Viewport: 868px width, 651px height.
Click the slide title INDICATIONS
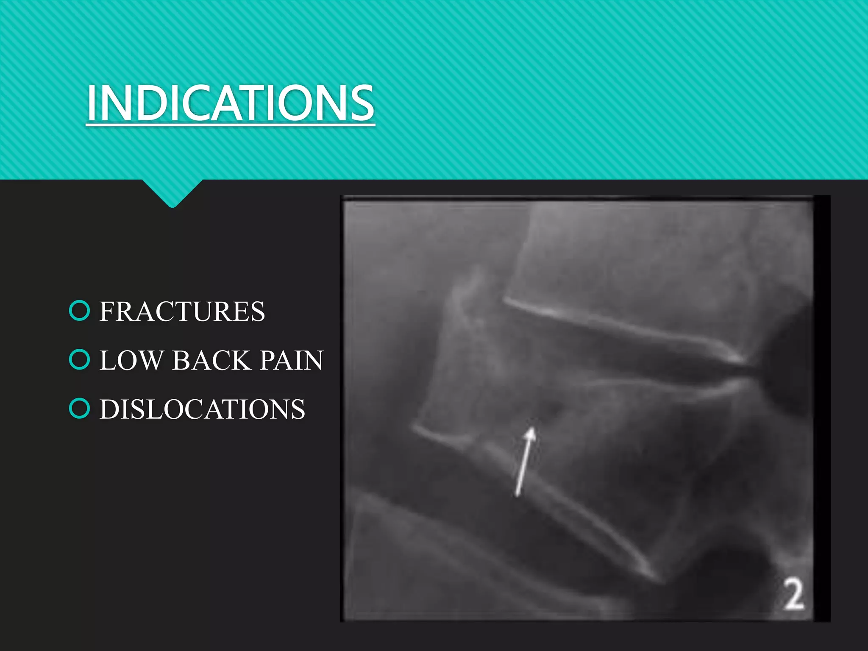[231, 103]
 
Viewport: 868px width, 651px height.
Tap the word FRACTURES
[182, 312]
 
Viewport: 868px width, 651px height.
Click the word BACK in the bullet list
[211, 360]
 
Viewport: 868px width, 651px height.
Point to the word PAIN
[292, 360]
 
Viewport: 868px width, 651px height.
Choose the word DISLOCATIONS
[202, 409]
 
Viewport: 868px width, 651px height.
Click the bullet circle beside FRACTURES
[79, 311]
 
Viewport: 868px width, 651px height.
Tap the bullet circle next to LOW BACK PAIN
[79, 360]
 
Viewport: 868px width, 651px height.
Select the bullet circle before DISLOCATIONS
[79, 409]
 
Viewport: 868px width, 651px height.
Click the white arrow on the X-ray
[524, 462]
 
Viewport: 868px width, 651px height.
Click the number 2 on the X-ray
[793, 595]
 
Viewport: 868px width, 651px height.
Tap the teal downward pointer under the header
[172, 193]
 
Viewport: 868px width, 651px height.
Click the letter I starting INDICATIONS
[91, 103]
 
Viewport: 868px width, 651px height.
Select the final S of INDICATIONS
[363, 103]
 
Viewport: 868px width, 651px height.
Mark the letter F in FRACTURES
[107, 312]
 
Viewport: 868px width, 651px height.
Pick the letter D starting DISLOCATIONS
[108, 409]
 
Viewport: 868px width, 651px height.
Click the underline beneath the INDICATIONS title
[231, 125]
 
